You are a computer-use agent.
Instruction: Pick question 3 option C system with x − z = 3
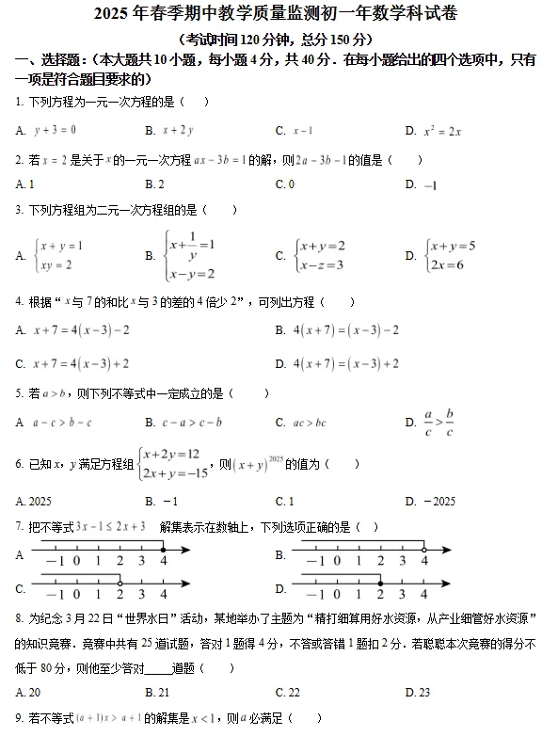pos(320,255)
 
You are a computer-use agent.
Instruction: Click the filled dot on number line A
pos(164,550)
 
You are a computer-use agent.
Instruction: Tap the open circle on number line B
pos(423,549)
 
